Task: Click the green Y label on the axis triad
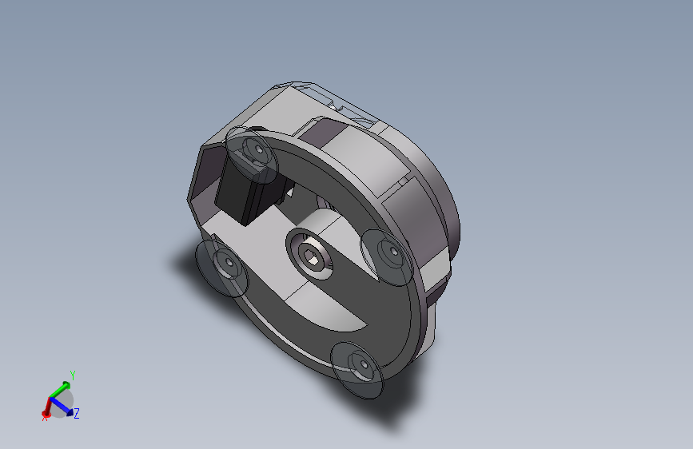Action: pyautogui.click(x=73, y=375)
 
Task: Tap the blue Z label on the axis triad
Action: pyautogui.click(x=77, y=414)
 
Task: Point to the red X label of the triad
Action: pyautogui.click(x=44, y=418)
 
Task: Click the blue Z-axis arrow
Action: pyautogui.click(x=62, y=407)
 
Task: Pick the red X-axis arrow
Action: pyautogui.click(x=47, y=407)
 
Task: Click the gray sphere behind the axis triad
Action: pyautogui.click(x=62, y=403)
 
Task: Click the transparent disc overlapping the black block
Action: pyautogui.click(x=252, y=155)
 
